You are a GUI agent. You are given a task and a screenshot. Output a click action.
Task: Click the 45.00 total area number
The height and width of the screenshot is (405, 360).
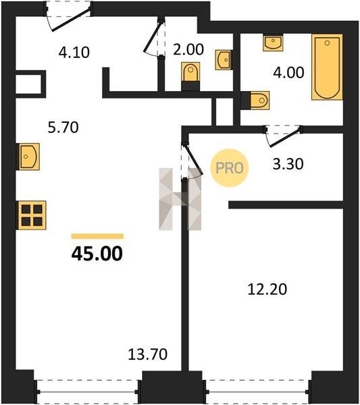(97, 254)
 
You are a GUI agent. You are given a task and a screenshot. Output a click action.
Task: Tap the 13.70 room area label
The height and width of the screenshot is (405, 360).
(147, 354)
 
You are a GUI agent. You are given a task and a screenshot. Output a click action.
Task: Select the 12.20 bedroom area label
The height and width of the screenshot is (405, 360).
(267, 289)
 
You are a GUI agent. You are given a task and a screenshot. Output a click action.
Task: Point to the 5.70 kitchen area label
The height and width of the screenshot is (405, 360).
(63, 128)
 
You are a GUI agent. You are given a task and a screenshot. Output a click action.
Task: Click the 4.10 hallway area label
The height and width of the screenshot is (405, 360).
(74, 53)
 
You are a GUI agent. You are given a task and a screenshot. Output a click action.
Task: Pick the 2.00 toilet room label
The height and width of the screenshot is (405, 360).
(188, 49)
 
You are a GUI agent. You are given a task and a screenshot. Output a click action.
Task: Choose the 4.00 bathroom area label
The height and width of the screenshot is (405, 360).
(288, 72)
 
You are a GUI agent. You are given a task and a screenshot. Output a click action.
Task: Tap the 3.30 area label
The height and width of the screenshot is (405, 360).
(288, 164)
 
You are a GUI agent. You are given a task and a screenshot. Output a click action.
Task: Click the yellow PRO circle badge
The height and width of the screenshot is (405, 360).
(229, 168)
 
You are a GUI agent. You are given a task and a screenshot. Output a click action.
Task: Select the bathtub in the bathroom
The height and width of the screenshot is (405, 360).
(327, 67)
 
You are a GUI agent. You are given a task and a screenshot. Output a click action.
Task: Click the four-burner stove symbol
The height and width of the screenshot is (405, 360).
(32, 215)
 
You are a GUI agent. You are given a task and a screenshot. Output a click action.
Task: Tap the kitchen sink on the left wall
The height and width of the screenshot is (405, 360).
(28, 157)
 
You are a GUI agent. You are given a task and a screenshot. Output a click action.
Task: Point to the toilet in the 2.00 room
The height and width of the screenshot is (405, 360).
(190, 76)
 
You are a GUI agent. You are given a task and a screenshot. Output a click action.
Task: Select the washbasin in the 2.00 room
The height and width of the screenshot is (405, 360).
(223, 60)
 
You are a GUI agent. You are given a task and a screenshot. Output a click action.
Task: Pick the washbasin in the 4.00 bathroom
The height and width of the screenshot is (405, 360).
(273, 43)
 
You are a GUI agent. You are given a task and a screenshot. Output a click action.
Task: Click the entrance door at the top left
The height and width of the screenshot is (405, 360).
(68, 16)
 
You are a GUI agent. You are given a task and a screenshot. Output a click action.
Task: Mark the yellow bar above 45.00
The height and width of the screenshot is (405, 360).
(97, 236)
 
